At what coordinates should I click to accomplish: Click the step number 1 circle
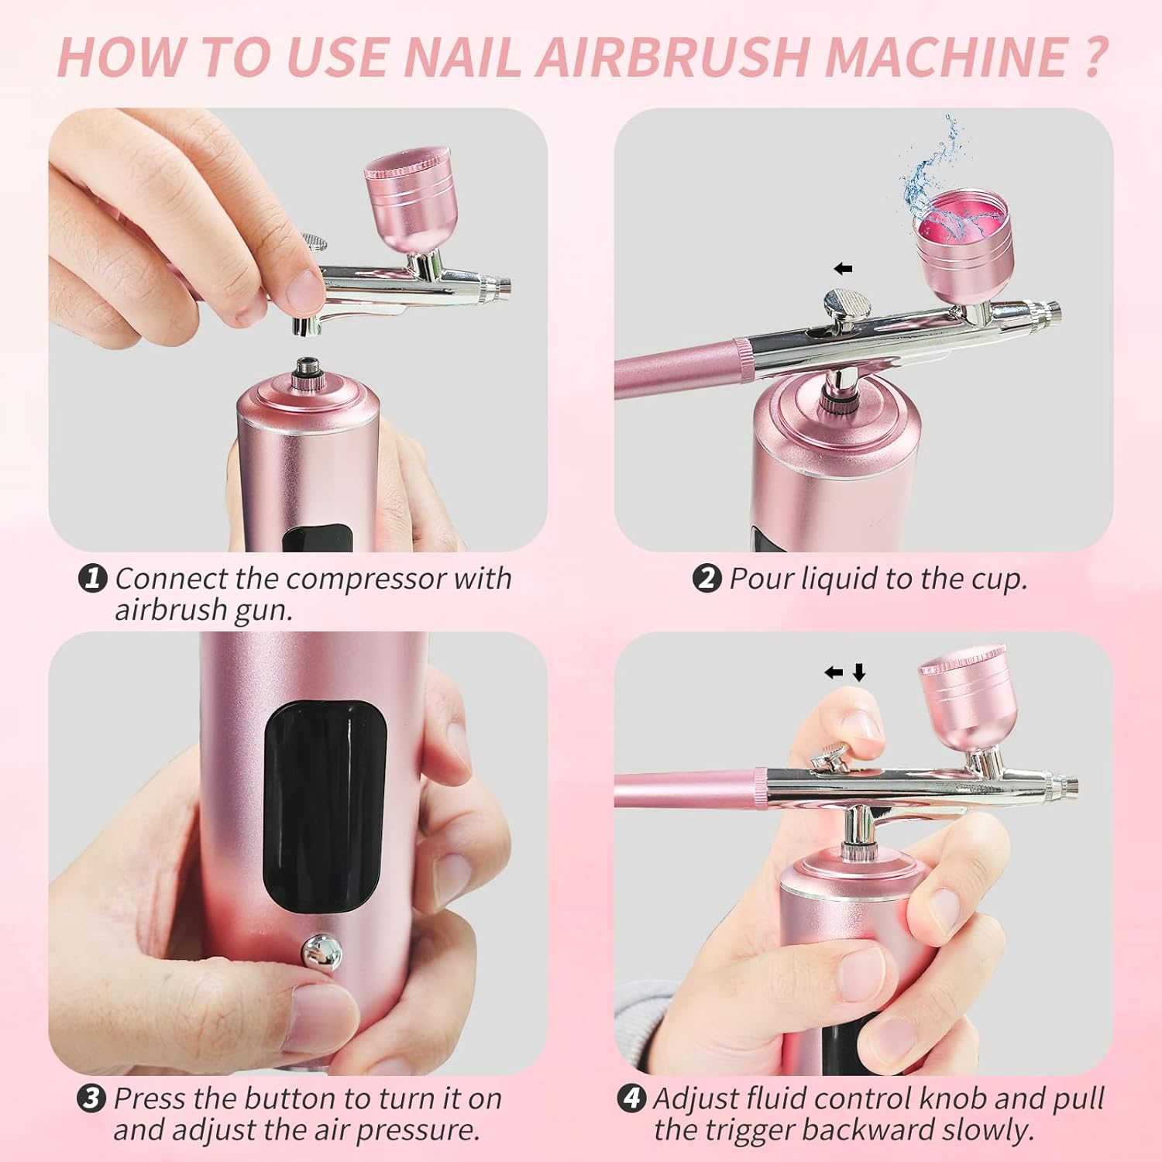click(x=93, y=578)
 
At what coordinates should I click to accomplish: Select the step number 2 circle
click(x=706, y=578)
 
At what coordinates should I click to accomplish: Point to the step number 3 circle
click(x=91, y=1098)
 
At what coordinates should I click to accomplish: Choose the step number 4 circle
click(x=631, y=1098)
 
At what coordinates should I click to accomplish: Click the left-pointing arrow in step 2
click(x=843, y=269)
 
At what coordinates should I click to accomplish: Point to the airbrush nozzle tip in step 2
click(x=1053, y=313)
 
